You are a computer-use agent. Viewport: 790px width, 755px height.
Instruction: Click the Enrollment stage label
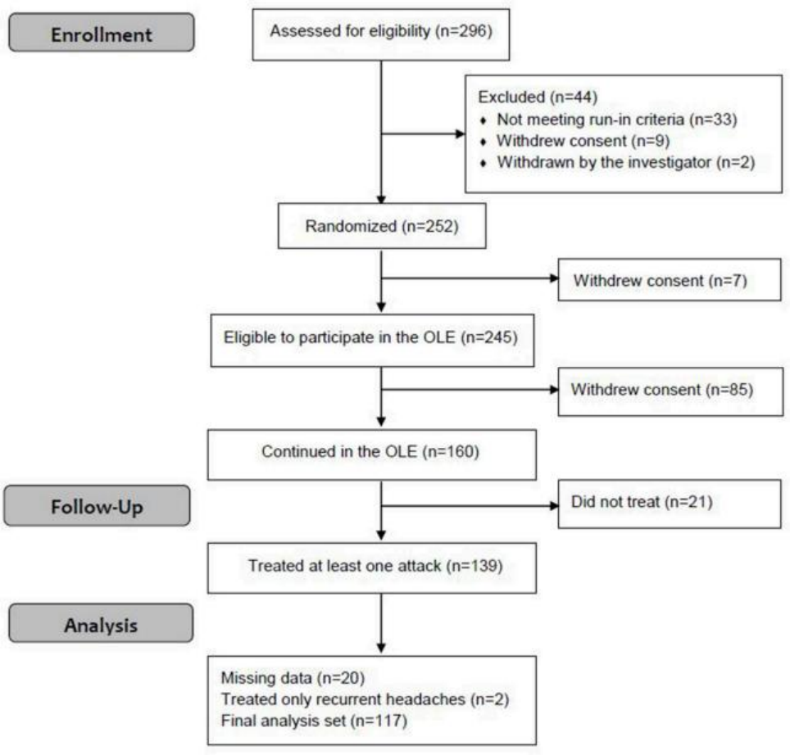tap(102, 33)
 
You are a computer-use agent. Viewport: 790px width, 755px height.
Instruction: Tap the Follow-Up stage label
tap(97, 506)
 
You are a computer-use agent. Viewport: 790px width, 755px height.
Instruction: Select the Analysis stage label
tap(101, 623)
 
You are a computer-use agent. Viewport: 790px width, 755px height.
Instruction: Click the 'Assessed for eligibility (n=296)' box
tap(381, 34)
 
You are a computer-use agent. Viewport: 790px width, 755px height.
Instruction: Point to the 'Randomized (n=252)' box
tap(382, 226)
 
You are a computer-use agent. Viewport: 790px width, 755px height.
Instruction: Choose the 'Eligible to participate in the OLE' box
tap(372, 341)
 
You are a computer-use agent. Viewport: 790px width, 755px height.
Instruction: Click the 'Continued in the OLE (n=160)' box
tap(372, 454)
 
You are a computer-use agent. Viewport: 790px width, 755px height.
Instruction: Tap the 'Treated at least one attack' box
tap(372, 567)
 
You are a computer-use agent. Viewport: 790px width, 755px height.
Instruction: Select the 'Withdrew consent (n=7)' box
tap(670, 280)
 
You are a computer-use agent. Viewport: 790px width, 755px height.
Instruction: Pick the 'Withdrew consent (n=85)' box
tap(670, 391)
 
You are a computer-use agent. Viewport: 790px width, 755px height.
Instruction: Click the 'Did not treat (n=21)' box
tap(670, 504)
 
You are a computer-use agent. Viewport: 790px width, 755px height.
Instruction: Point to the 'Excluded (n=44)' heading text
tap(538, 97)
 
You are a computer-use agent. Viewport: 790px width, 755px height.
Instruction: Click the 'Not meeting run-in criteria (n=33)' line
tap(617, 120)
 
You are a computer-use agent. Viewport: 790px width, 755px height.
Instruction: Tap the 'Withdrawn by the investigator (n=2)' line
tap(626, 162)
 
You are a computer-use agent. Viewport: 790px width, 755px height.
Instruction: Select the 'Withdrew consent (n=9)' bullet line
tap(583, 141)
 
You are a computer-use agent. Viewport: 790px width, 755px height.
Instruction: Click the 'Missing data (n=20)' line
tap(293, 678)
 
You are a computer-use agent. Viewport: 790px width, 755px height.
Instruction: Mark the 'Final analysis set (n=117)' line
tap(314, 721)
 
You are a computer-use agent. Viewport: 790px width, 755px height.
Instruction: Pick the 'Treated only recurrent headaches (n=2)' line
tap(365, 699)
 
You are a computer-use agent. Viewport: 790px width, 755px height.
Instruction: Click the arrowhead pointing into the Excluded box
tap(460, 134)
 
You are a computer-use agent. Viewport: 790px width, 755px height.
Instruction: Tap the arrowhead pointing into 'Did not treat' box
tap(554, 506)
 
